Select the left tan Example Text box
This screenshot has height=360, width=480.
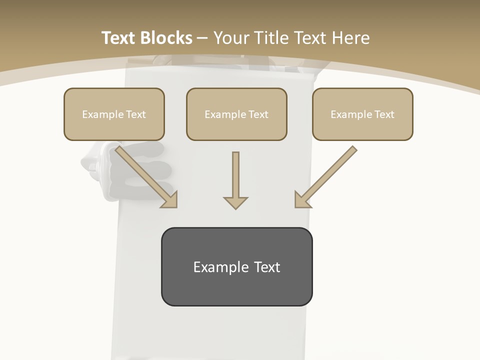[x=114, y=114]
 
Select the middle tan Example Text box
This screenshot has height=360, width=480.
[x=236, y=114]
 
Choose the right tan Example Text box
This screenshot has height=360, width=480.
[x=362, y=114]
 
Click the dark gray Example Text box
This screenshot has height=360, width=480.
[x=236, y=266]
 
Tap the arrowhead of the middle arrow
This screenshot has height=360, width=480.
[x=235, y=202]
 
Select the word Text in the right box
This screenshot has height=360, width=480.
[x=384, y=114]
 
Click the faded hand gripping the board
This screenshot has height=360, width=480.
[x=125, y=165]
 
